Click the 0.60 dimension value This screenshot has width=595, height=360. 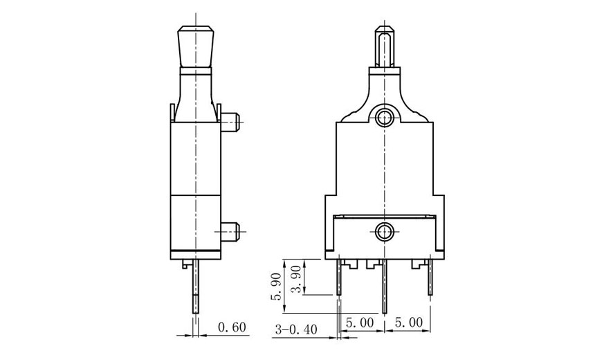click(232, 327)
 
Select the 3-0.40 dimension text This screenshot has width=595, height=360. click(295, 330)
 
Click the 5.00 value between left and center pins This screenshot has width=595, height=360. click(360, 323)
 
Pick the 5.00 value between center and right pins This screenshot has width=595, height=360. click(408, 323)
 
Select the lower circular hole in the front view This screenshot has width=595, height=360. click(383, 231)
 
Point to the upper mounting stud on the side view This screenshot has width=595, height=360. click(232, 123)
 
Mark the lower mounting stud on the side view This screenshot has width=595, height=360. click(232, 228)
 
